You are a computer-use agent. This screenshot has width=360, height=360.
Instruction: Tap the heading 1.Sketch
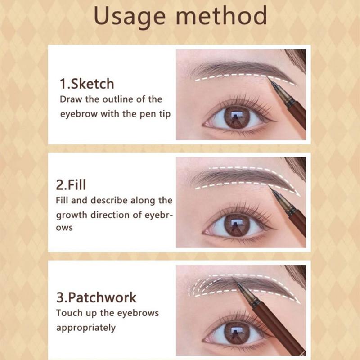click(x=87, y=84)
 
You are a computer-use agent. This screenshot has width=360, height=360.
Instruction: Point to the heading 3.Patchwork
click(x=96, y=297)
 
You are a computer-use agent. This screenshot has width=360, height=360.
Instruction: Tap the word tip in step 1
click(x=163, y=114)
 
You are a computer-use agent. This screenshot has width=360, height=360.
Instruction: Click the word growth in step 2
click(x=72, y=214)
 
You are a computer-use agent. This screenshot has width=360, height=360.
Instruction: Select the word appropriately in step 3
click(x=85, y=328)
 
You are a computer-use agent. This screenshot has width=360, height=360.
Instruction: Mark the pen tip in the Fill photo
click(x=272, y=189)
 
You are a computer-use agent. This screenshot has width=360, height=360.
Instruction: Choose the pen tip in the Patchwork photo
click(x=234, y=280)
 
